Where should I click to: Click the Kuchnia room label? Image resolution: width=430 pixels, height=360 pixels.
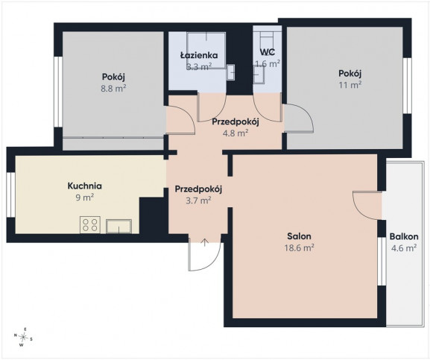click(x=84, y=186)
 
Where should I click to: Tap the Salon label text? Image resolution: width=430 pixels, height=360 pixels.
click(x=299, y=236)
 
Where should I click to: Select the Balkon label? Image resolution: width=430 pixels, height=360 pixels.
click(x=404, y=236)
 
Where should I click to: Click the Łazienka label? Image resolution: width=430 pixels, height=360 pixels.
click(x=199, y=55)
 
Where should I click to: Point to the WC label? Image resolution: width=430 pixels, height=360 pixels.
click(x=268, y=52)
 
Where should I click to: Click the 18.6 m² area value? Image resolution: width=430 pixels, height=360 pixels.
click(x=299, y=248)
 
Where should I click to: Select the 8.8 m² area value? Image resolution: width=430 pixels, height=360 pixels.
click(x=113, y=89)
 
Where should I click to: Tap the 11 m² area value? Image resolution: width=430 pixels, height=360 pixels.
click(x=350, y=85)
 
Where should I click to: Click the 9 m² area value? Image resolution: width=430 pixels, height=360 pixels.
click(x=85, y=198)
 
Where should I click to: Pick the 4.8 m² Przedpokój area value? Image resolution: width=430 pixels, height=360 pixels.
click(x=235, y=133)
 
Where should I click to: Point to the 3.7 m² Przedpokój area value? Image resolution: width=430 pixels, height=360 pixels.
click(x=198, y=200)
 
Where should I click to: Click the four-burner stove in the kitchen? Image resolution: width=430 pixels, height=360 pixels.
click(x=90, y=225)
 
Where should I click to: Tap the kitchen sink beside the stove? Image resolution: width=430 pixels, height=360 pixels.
click(x=118, y=227)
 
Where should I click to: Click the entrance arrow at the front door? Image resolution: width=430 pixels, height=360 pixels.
click(x=205, y=242)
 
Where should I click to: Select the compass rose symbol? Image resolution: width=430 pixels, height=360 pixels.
click(x=23, y=336)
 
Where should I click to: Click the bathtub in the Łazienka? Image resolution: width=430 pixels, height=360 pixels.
click(x=206, y=51)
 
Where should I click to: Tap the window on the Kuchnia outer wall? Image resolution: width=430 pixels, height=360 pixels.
click(x=10, y=195)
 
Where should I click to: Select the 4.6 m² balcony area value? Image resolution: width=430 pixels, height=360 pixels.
click(x=404, y=248)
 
